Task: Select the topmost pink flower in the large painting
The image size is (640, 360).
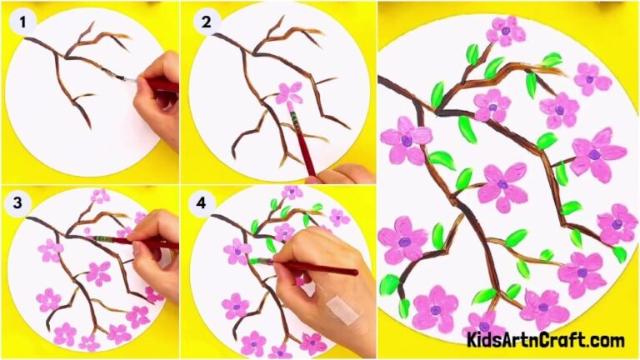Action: [506, 31]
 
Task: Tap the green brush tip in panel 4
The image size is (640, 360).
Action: [255, 262]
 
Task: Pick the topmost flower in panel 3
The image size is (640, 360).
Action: [100, 197]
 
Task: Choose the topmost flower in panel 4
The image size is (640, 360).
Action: [292, 192]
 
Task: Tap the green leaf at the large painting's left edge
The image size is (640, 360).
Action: [388, 286]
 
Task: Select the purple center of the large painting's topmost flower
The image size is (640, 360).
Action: [506, 31]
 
